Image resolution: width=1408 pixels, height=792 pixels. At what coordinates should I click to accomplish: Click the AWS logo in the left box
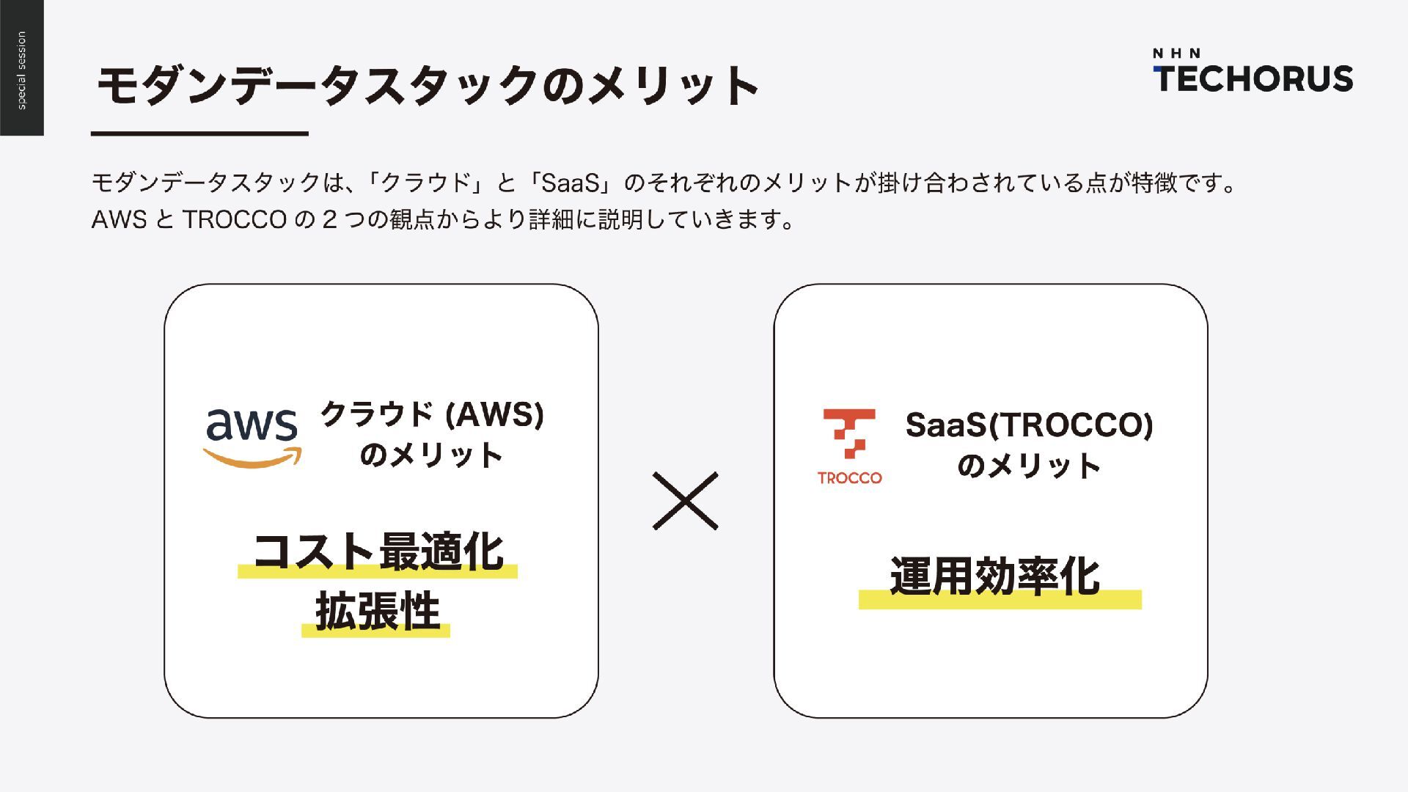click(x=252, y=436)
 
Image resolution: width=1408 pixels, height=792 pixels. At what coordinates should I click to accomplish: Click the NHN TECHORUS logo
click(x=1253, y=72)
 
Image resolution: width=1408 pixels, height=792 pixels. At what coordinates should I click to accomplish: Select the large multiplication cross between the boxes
click(x=685, y=501)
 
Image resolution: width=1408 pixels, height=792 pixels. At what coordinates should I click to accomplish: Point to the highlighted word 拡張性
click(x=377, y=612)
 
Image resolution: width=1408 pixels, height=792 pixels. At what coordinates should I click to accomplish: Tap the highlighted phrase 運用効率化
click(x=995, y=577)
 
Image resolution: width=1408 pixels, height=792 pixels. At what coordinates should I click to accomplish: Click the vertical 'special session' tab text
click(x=21, y=70)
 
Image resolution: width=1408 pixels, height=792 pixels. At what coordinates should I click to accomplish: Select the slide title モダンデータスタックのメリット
click(x=428, y=85)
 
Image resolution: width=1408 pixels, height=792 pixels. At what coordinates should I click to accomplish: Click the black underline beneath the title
click(x=199, y=133)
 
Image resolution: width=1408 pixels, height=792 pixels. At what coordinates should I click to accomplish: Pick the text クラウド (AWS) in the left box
click(x=432, y=414)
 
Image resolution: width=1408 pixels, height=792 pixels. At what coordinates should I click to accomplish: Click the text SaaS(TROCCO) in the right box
click(x=1029, y=425)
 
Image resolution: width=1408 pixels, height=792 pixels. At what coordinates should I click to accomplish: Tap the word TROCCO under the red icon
click(x=850, y=478)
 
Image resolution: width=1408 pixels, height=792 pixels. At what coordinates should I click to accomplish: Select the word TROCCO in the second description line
click(x=234, y=219)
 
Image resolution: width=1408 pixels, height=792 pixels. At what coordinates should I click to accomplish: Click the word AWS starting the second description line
click(x=120, y=219)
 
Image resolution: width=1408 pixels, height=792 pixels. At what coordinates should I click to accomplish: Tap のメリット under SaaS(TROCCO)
click(x=1029, y=466)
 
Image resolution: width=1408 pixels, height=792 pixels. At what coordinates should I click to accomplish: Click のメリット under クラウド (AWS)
click(x=431, y=455)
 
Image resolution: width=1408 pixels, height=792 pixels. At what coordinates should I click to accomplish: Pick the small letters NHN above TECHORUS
click(x=1176, y=53)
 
